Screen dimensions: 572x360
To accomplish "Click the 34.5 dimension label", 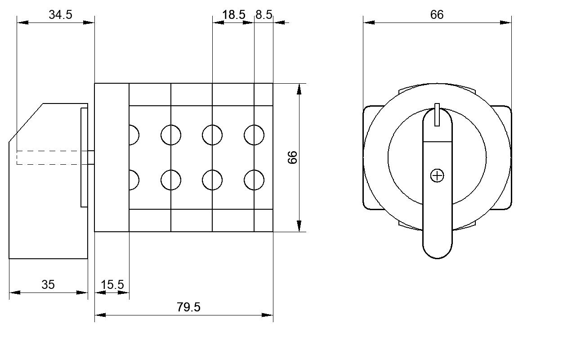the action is click(x=61, y=14).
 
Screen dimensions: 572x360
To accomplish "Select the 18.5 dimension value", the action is click(x=234, y=14).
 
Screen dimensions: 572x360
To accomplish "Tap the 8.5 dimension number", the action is click(x=264, y=14).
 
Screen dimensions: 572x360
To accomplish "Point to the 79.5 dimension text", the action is click(x=188, y=307).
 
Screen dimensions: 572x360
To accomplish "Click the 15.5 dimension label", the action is click(x=112, y=285).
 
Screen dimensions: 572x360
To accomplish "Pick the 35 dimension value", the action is click(x=48, y=285).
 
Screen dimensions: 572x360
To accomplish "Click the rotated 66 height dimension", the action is click(x=292, y=157).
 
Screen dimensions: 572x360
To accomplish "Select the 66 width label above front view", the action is click(x=437, y=14).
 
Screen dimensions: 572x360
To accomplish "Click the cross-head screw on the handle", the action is click(x=437, y=176).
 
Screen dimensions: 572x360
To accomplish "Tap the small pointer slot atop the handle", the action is click(x=437, y=115).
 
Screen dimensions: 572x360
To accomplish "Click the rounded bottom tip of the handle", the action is click(x=437, y=258).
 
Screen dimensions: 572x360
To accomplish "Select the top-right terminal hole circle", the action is click(x=254, y=135).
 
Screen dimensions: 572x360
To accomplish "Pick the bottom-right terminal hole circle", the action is click(x=254, y=180).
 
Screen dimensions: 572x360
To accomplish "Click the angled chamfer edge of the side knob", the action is click(x=26, y=123).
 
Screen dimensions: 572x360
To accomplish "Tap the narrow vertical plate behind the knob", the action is click(x=84, y=157).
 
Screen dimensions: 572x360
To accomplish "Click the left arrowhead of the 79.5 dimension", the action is click(x=100, y=315).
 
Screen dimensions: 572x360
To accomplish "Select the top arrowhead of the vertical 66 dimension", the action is click(x=299, y=89).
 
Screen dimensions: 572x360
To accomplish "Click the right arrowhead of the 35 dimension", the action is click(x=82, y=292).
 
